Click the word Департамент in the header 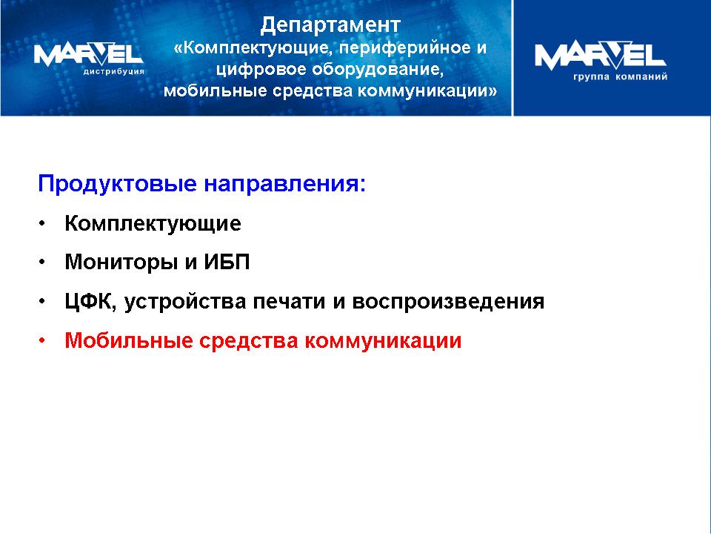330,25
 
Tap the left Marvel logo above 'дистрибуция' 88,54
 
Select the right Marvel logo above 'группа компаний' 601,55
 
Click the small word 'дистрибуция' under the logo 113,71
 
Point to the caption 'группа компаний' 621,76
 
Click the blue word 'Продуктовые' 118,184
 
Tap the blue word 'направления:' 284,184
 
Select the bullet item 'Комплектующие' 153,223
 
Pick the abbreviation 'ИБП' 227,262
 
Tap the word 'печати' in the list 290,302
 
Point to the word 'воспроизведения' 448,302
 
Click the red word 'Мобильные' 128,340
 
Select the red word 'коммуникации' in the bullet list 383,341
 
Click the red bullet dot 42,340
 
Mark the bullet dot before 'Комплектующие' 42,223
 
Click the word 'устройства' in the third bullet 184,302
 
